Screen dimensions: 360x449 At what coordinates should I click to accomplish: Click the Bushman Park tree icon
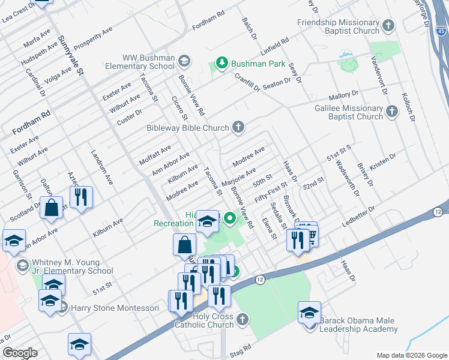click(222, 63)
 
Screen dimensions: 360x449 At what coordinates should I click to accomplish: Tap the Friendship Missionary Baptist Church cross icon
click(389, 26)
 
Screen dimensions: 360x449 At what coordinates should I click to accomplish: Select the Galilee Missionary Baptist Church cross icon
click(391, 112)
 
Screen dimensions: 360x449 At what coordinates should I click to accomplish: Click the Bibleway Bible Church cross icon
click(238, 127)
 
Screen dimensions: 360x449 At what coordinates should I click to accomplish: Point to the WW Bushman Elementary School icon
click(184, 61)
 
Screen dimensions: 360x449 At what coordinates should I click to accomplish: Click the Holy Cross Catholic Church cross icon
click(242, 319)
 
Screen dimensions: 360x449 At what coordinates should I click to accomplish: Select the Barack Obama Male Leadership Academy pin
click(310, 314)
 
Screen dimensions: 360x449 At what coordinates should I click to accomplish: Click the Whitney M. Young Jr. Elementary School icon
click(22, 265)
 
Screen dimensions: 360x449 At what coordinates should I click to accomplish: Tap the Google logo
click(20, 353)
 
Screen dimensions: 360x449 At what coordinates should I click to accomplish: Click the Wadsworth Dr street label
click(348, 178)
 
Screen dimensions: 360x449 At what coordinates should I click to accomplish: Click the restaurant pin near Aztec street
click(81, 197)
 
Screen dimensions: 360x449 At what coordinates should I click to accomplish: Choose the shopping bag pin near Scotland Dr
click(52, 208)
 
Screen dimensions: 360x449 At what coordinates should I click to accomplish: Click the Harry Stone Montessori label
click(115, 308)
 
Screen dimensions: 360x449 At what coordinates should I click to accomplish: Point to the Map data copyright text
click(411, 355)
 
